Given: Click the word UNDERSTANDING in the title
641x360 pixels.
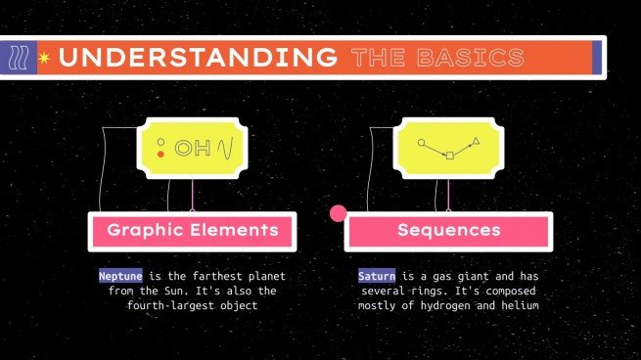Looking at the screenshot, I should (x=197, y=58).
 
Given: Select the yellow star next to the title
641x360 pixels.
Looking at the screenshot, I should (x=44, y=59).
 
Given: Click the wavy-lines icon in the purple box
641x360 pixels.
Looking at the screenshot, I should (x=19, y=59).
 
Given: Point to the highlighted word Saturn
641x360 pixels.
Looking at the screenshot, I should (x=376, y=277).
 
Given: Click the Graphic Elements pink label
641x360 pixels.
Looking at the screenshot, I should (x=192, y=231).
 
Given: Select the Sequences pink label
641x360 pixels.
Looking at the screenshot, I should (x=449, y=231).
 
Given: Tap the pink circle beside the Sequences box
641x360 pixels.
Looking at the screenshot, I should (x=339, y=213).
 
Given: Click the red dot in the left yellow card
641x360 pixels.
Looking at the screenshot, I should (x=160, y=155).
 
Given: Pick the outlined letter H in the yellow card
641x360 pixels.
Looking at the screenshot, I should (x=203, y=149).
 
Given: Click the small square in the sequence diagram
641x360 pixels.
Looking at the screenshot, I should (x=449, y=156).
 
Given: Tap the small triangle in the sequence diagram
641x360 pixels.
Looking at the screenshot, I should (x=477, y=143).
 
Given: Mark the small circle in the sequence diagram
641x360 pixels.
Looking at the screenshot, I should (x=422, y=143).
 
